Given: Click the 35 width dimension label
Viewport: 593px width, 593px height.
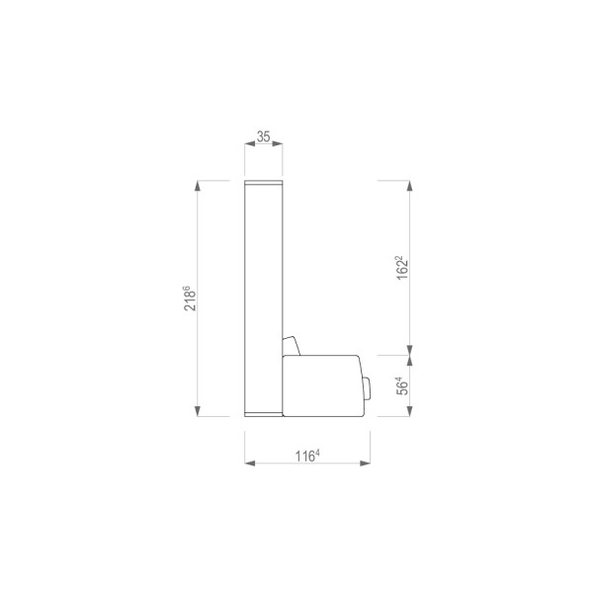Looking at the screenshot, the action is pos(263,136).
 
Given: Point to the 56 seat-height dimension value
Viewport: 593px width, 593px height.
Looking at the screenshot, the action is pos(402,386).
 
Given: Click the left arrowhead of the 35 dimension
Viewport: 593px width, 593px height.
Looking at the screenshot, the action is pos(250,143).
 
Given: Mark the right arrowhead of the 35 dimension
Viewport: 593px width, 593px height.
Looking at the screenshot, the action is pos(278,143).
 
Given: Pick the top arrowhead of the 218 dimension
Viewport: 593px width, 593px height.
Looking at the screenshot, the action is pos(198,186).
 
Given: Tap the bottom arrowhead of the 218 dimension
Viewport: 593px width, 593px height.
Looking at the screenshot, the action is pos(198,411).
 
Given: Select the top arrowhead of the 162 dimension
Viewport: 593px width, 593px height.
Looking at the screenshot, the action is pos(410,186).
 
